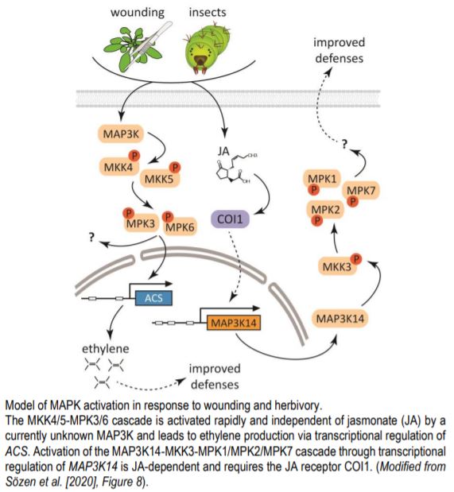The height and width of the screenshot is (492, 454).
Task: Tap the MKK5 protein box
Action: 162,176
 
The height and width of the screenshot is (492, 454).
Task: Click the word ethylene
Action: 106,347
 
